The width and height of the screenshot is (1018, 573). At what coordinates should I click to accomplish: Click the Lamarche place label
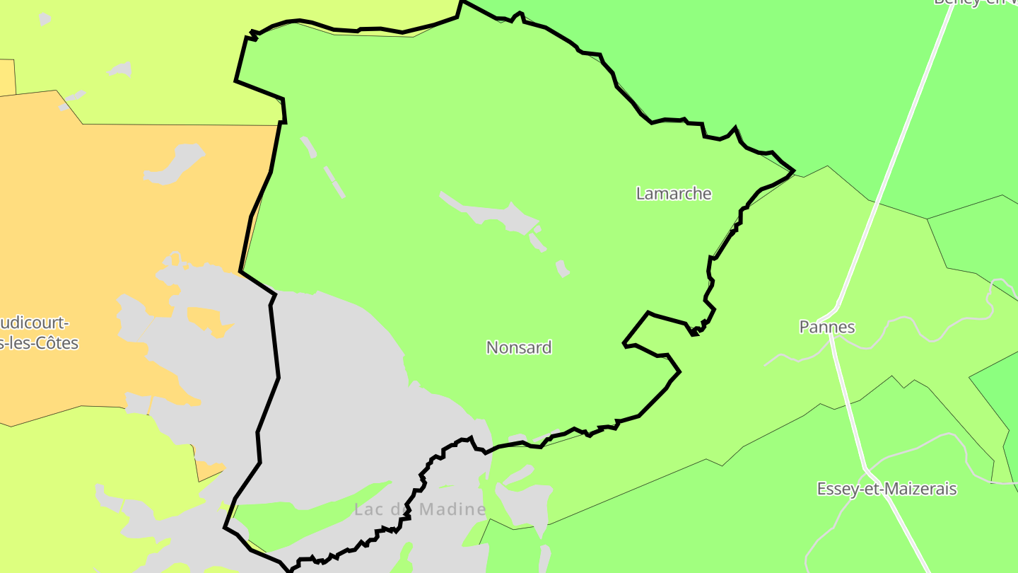point(674,193)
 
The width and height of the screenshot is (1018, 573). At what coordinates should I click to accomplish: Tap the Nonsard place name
point(519,347)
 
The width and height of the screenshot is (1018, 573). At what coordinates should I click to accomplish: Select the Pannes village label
point(827,327)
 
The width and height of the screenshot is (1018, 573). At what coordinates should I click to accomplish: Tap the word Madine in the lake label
point(452,509)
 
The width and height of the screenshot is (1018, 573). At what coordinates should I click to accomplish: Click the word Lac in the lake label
point(368,509)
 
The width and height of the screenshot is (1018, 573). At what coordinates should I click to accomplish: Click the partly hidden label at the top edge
point(976,2)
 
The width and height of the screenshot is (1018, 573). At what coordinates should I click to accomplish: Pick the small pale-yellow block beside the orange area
point(7,76)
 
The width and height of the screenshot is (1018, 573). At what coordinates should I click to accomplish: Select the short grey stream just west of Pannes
point(785,357)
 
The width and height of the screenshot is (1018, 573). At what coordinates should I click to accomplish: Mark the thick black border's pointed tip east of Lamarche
point(794,170)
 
